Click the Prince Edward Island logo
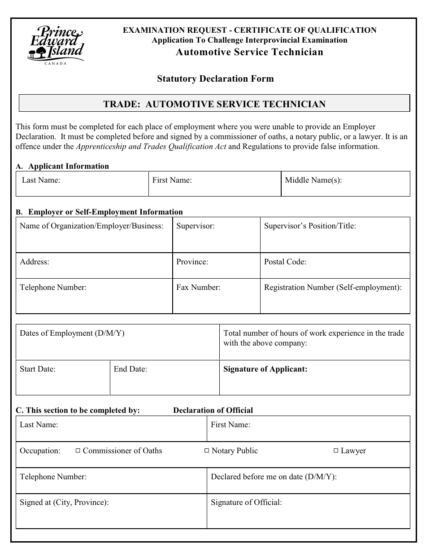(56, 45)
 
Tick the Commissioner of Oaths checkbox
(78, 451)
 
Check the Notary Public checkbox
(207, 451)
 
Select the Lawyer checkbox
(336, 451)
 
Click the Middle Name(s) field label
(313, 180)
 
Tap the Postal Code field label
(285, 262)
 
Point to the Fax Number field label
(198, 287)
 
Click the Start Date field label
(38, 369)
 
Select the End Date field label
(130, 369)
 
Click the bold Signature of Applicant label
(265, 369)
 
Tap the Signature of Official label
(246, 502)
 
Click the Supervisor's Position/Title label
(310, 226)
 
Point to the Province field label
(192, 262)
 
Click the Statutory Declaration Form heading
(215, 79)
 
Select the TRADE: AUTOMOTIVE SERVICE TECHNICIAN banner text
(214, 104)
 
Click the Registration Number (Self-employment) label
(333, 287)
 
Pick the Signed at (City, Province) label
(64, 502)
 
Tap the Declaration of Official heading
(213, 410)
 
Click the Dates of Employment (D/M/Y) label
(72, 333)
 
